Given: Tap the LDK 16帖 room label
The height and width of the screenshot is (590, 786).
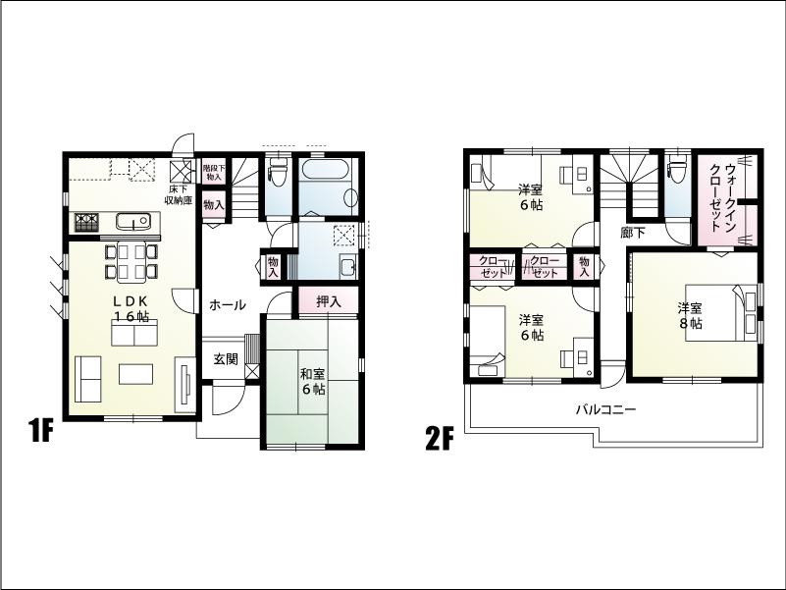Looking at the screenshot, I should click(131, 308).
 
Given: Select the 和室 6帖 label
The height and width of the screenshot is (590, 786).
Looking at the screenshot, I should click(313, 381).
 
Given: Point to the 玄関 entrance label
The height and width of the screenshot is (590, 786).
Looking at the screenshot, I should click(226, 359).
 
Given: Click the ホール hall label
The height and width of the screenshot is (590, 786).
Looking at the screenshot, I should click(227, 305).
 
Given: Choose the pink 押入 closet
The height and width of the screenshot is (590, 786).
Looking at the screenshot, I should click(329, 301).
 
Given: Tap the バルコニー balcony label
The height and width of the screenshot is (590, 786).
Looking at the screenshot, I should click(605, 409).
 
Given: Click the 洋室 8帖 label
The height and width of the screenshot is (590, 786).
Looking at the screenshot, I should click(690, 314).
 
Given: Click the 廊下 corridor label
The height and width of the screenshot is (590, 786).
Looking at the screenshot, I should click(633, 234).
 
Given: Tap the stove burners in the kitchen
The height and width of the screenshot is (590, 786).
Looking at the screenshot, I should click(85, 223).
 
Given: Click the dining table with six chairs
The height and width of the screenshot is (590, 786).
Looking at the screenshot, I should click(131, 261).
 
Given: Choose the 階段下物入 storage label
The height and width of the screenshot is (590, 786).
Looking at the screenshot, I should click(213, 173).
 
